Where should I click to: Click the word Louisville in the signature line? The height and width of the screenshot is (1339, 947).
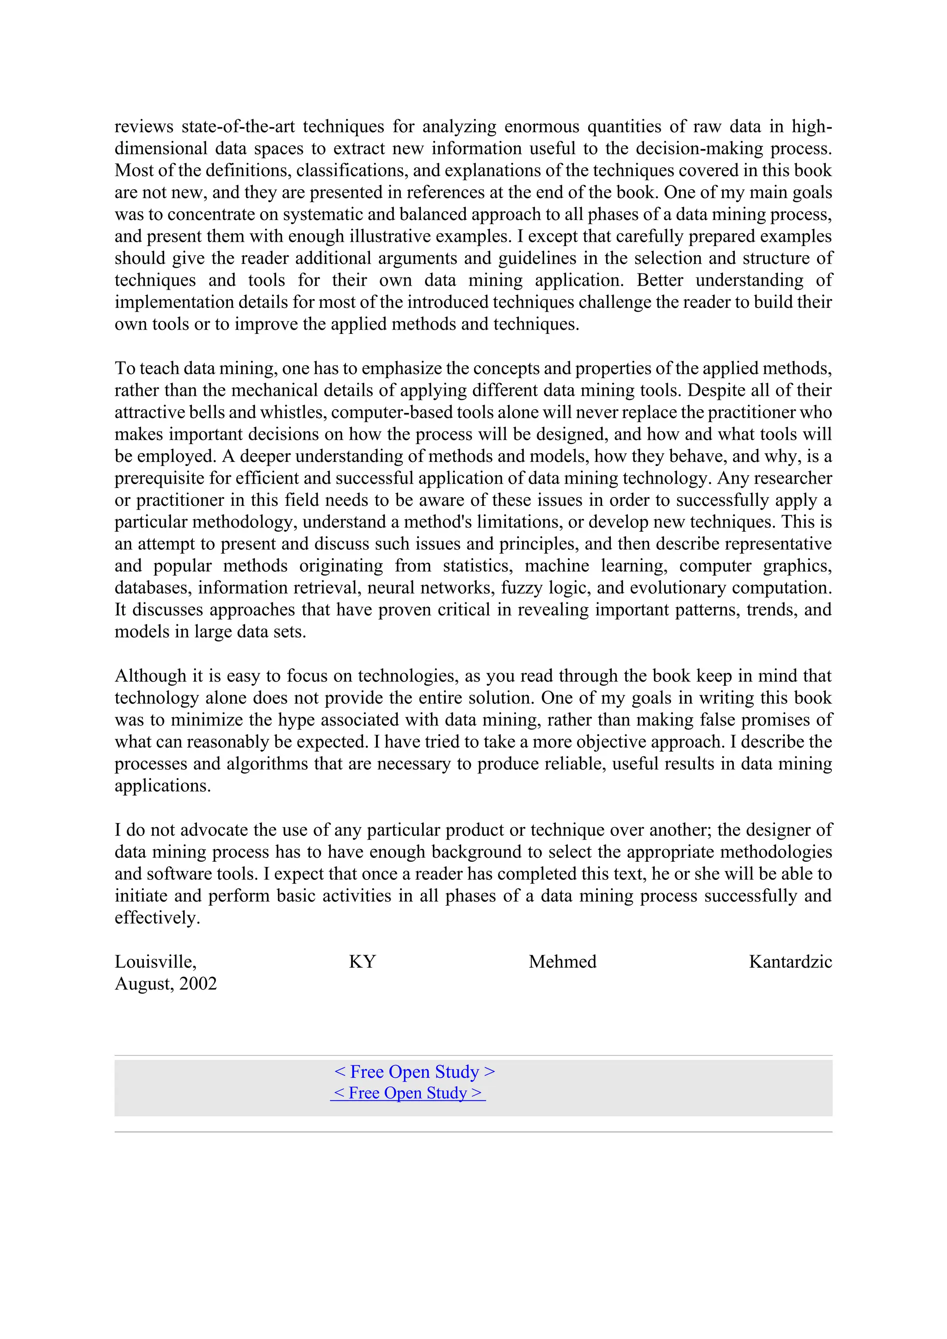click(154, 962)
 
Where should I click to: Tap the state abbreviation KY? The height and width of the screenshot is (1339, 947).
click(362, 962)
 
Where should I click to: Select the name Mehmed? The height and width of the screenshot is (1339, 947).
click(562, 962)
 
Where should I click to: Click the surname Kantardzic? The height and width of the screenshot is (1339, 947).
click(790, 962)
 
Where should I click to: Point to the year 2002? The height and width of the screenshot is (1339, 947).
click(198, 984)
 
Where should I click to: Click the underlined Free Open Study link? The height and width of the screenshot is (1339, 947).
click(407, 1093)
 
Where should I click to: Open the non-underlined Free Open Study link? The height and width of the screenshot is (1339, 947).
click(415, 1071)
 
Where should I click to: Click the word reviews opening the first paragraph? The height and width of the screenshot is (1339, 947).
click(143, 127)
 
